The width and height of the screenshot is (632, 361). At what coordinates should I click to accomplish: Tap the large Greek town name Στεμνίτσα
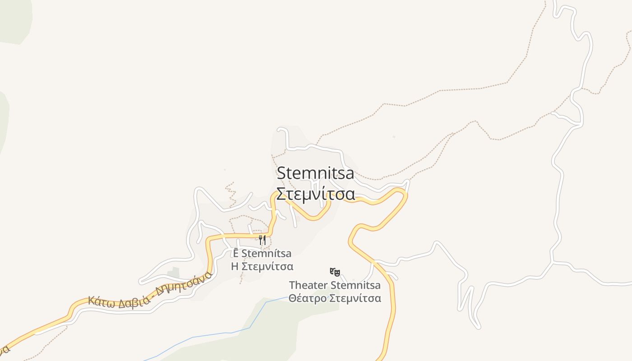tap(315, 194)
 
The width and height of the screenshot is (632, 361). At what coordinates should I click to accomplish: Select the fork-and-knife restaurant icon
tap(262, 240)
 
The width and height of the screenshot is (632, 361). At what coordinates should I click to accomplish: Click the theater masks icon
tap(335, 272)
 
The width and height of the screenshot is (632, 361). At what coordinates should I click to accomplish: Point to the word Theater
tap(308, 285)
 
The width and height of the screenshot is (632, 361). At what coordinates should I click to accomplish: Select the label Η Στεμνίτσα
tap(262, 266)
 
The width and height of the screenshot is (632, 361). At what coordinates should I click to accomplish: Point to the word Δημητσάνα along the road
tap(183, 283)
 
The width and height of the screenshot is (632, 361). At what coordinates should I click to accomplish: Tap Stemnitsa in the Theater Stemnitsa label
tap(356, 285)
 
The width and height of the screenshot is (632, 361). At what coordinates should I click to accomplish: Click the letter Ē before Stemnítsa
tap(236, 253)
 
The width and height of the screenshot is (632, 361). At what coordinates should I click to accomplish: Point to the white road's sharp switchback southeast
tap(476, 326)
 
